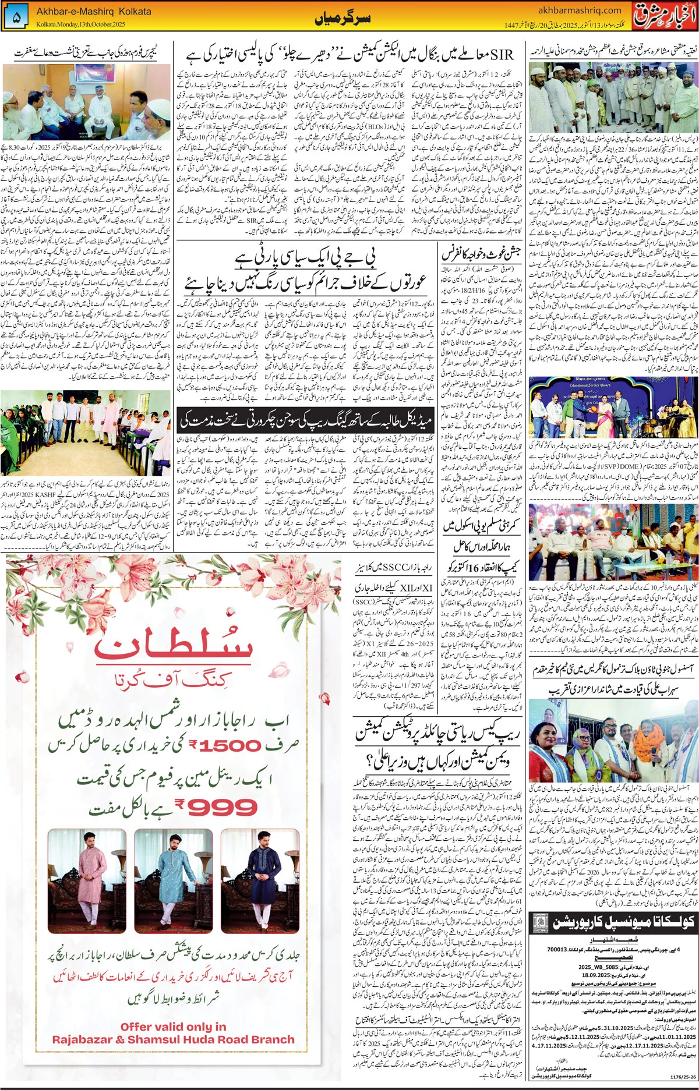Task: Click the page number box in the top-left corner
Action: pyautogui.click(x=16, y=18)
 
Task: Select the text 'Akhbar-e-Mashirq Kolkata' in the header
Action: pyautogui.click(x=93, y=11)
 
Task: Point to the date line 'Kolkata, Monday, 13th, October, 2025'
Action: pyautogui.click(x=80, y=24)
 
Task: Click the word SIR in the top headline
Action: pyautogui.click(x=502, y=55)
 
